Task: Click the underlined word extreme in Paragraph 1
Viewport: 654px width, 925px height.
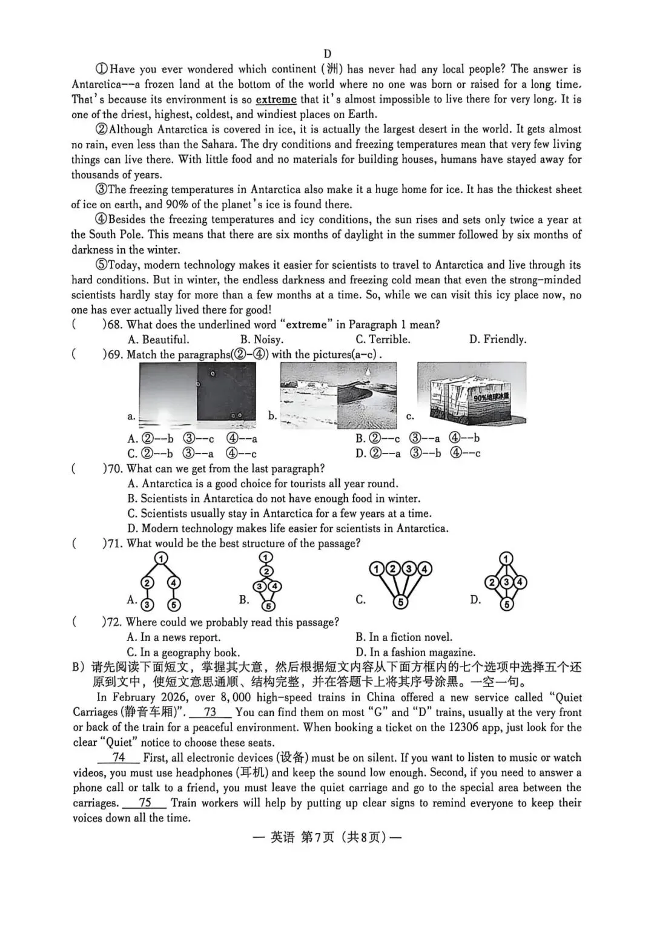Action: point(276,99)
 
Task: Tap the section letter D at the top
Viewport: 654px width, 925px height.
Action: point(328,54)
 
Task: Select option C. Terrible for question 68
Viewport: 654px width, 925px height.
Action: point(383,340)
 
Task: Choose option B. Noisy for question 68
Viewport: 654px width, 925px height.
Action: point(262,340)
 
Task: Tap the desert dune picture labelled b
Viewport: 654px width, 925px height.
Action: point(339,395)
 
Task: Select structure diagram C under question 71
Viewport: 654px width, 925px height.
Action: point(400,584)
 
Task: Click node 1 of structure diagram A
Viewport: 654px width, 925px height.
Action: point(161,558)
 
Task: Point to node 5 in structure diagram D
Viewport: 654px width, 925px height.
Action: point(507,604)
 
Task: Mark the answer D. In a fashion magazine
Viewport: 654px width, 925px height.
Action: point(415,652)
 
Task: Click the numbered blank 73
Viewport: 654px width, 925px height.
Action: point(210,713)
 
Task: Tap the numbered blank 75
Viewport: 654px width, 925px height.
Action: point(145,803)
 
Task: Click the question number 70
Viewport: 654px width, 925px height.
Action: point(114,469)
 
